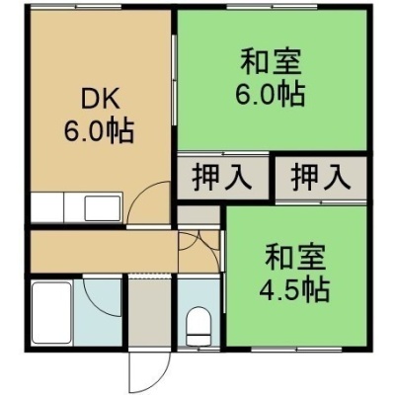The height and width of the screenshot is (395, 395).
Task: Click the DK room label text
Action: click(x=100, y=101)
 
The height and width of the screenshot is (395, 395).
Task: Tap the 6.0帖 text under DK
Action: click(x=99, y=131)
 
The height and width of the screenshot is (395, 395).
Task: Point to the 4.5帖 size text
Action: click(x=294, y=290)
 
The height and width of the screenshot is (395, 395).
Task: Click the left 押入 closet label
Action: click(x=222, y=178)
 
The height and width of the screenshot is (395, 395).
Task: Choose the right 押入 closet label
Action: click(x=321, y=178)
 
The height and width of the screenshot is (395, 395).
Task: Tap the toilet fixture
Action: click(x=198, y=326)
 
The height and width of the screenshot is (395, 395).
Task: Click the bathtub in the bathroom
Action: click(x=51, y=313)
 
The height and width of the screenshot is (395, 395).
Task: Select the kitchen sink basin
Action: click(x=103, y=208)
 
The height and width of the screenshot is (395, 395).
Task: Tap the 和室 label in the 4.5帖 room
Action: click(x=295, y=257)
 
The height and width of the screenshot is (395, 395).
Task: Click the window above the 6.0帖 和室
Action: click(x=272, y=6)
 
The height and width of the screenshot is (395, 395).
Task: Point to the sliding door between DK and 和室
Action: click(x=175, y=80)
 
